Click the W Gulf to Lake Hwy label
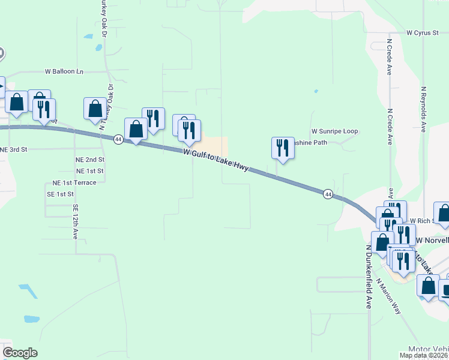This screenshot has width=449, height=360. pyautogui.click(x=216, y=161)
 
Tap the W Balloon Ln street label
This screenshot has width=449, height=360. pyautogui.click(x=64, y=71)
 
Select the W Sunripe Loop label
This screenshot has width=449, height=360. pyautogui.click(x=334, y=131)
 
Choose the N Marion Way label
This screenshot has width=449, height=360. pyautogui.click(x=388, y=296)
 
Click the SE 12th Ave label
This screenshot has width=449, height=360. pyautogui.click(x=76, y=222)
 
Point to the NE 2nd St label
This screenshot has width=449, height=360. pyautogui.click(x=90, y=160)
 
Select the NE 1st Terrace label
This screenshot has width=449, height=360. pyautogui.click(x=74, y=182)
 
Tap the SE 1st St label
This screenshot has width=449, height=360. pyautogui.click(x=60, y=194)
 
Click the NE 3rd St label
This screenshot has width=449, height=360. pyautogui.click(x=14, y=149)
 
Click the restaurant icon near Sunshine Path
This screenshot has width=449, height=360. pyautogui.click(x=282, y=148)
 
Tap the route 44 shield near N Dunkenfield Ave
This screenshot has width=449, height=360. pyautogui.click(x=328, y=194)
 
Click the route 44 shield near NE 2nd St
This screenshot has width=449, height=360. pyautogui.click(x=118, y=139)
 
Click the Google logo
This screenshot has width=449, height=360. pyautogui.click(x=20, y=353)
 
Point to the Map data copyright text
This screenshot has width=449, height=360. pyautogui.click(x=424, y=355)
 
